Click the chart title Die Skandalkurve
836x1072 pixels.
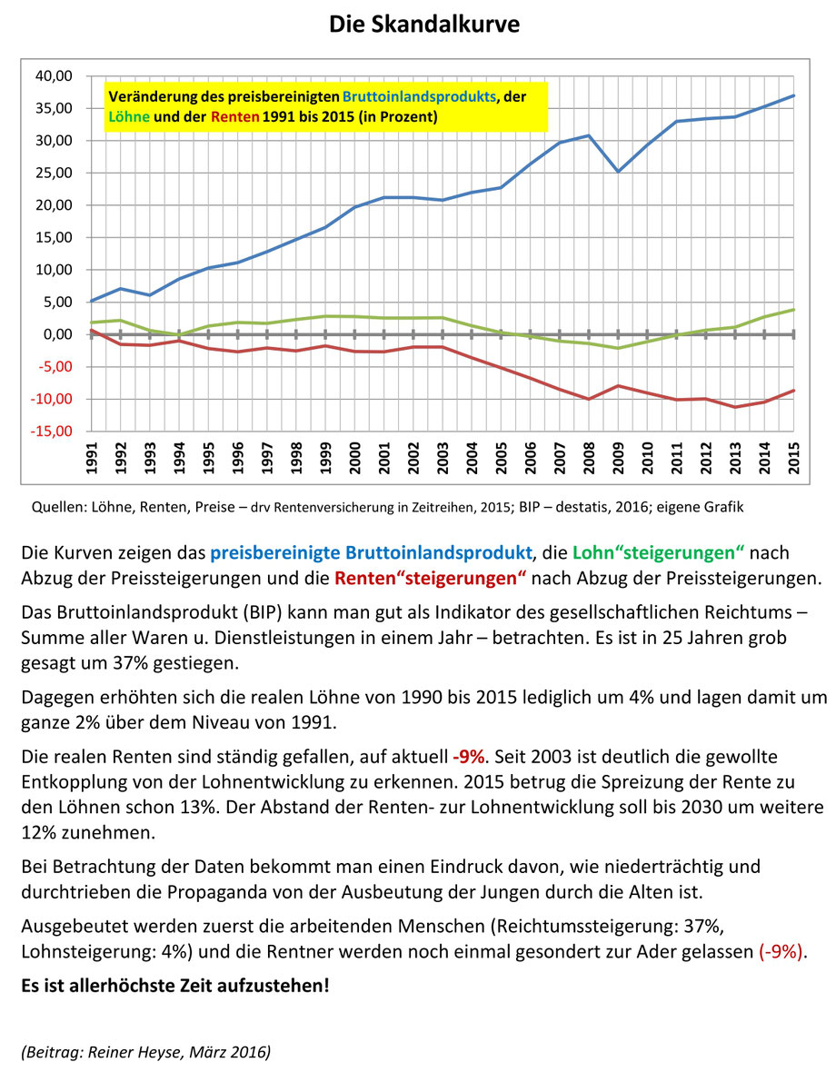[423, 24]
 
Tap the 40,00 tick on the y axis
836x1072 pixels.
[54, 76]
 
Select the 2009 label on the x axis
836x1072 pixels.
[619, 457]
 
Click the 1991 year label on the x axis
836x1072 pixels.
[92, 457]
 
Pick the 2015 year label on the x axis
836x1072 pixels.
[793, 457]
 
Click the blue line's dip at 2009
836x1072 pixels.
[618, 171]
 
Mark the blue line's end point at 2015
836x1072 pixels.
[793, 95]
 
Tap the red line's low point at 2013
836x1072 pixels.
[735, 407]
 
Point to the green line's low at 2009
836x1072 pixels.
[618, 348]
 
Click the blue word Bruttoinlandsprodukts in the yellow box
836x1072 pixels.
[419, 96]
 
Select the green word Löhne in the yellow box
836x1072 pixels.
[129, 116]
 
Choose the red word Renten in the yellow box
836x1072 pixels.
[235, 116]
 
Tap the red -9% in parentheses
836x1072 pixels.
[781, 951]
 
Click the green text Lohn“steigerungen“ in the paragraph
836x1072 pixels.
[658, 552]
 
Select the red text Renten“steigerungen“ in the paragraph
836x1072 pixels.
[430, 578]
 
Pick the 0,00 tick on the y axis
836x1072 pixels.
[56, 334]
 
